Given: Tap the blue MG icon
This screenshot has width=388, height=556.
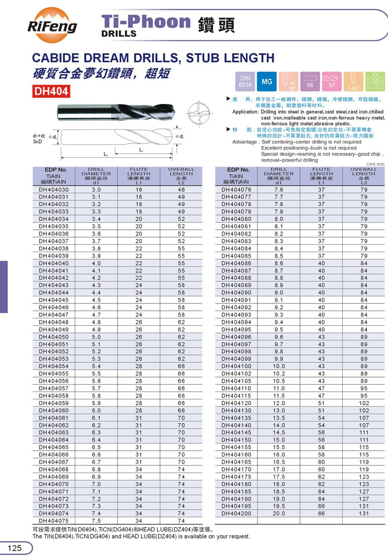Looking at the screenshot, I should pyautogui.click(x=267, y=82).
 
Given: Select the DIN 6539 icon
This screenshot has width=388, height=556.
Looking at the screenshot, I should pyautogui.click(x=245, y=82).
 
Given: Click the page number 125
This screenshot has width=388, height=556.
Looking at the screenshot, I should pyautogui.click(x=14, y=548).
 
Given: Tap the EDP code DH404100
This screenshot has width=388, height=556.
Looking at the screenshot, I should pyautogui.click(x=237, y=366).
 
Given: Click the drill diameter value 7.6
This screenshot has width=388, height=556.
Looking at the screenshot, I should pyautogui.click(x=279, y=190).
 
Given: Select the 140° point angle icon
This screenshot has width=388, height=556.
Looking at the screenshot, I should pyautogui.click(x=354, y=82).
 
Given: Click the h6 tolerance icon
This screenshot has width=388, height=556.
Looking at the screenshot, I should pyautogui.click(x=310, y=82).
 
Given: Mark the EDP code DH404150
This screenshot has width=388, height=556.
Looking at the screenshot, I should pyautogui.click(x=237, y=440).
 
